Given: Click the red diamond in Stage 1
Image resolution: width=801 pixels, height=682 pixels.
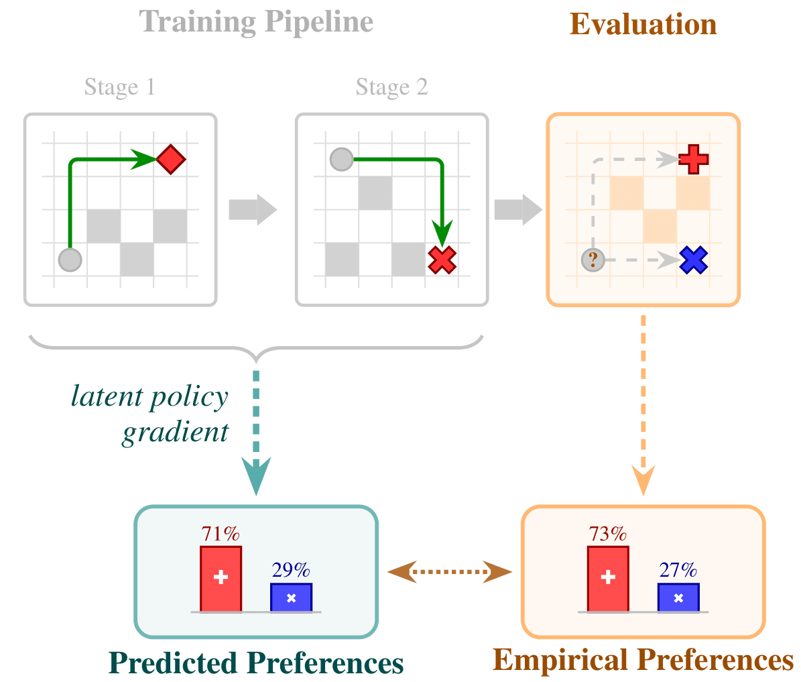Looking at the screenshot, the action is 171,160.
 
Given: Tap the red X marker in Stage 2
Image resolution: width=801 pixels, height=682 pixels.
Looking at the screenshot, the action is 442,260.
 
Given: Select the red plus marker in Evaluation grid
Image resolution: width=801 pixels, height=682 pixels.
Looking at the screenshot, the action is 693,160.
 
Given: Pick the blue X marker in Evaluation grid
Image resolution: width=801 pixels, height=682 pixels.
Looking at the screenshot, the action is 693,260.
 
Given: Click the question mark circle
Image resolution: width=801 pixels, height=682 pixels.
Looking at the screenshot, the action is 593,260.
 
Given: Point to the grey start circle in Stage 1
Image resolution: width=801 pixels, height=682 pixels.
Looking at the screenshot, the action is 70,260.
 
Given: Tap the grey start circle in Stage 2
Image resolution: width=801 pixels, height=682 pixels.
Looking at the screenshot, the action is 342,159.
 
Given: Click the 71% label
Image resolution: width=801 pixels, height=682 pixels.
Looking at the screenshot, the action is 220,534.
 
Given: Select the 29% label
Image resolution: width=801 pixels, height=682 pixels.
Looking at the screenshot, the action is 291,569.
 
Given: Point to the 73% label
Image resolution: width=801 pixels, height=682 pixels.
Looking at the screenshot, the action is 607,534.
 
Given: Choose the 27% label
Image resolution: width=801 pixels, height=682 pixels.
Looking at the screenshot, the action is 678,569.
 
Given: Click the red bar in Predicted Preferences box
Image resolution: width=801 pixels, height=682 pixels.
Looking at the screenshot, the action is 221,579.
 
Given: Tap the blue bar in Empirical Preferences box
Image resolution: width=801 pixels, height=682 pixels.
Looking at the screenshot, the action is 678,597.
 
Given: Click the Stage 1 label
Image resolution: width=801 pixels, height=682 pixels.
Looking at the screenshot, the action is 119,87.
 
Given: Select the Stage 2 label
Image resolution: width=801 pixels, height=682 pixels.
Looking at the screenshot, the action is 392,87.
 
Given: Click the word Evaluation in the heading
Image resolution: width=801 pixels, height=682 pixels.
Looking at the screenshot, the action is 643,24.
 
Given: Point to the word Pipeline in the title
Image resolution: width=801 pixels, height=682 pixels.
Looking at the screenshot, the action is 319,23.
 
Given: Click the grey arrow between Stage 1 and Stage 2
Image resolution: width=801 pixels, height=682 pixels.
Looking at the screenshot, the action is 253,210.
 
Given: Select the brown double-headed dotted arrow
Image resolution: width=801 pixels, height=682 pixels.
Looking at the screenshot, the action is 450,571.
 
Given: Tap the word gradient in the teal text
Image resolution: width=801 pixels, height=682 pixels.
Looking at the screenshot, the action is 175,433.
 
